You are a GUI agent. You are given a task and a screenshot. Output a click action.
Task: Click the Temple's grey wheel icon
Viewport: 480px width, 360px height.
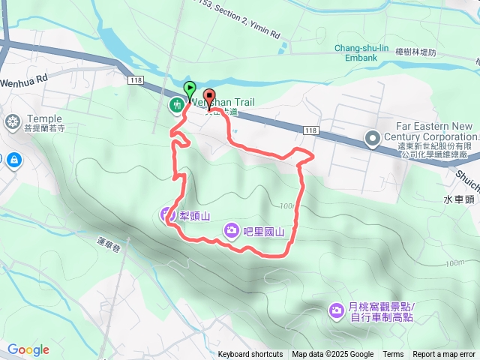coord(13,121)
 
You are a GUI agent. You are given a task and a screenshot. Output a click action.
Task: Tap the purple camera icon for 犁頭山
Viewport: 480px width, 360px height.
coord(166,216)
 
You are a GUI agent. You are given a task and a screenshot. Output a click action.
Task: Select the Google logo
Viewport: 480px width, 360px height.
coord(28,350)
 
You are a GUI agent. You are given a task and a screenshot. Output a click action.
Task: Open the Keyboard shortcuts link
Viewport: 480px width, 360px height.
coord(250,355)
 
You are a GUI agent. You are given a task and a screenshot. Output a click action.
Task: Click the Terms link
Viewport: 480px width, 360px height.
coord(393,355)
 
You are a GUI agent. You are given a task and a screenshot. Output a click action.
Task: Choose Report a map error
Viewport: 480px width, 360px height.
coord(444,355)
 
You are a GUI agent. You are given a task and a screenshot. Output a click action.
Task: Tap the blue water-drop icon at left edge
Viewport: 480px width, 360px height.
coord(13,158)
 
